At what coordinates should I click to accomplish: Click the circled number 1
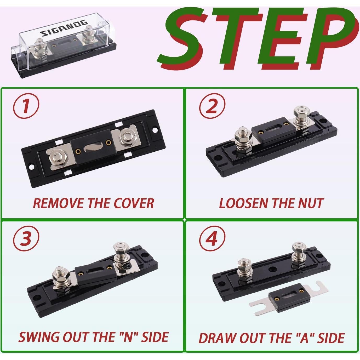click(x=26, y=107)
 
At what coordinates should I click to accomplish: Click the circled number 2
click(x=212, y=107)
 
